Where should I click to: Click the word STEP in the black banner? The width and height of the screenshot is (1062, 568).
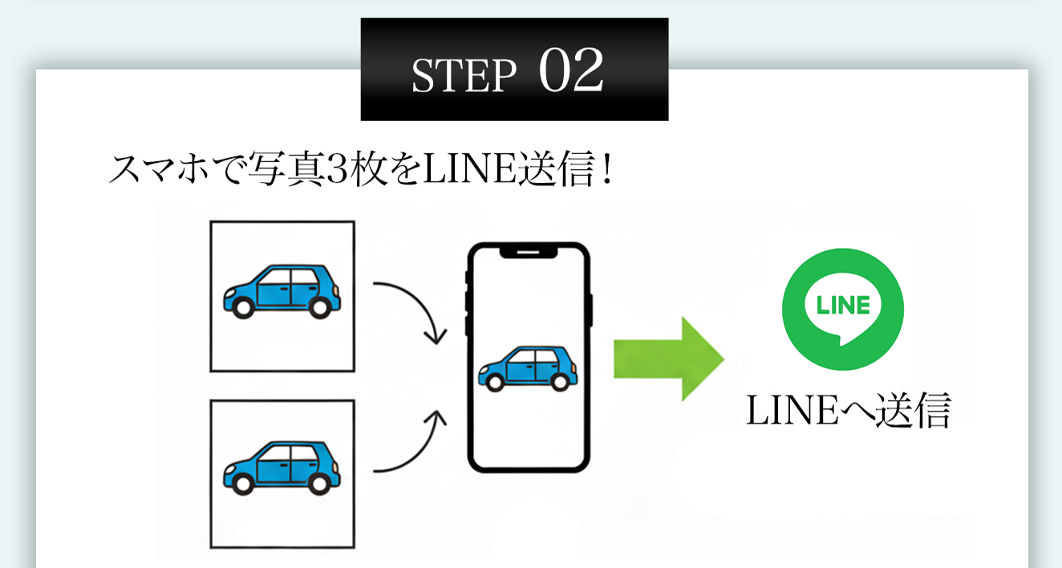pyautogui.click(x=464, y=75)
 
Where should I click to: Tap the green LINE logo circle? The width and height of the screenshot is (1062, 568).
pyautogui.click(x=842, y=308)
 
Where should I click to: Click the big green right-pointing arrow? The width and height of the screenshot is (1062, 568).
pyautogui.click(x=668, y=358)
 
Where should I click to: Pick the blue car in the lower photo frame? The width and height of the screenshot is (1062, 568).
pyautogui.click(x=282, y=465)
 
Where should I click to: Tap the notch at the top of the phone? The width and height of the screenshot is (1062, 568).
pyautogui.click(x=529, y=251)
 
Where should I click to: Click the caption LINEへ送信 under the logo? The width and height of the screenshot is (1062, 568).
pyautogui.click(x=848, y=412)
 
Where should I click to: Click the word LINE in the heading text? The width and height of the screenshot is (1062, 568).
pyautogui.click(x=460, y=170)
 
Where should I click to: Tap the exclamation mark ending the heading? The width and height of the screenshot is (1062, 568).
pyautogui.click(x=606, y=170)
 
